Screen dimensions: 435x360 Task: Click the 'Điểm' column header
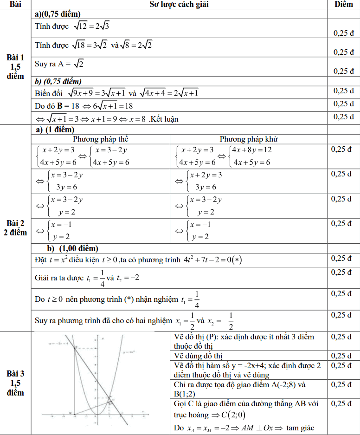click(343, 4)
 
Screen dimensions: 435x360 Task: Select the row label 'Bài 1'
click(16, 58)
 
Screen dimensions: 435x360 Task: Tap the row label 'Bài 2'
click(16, 224)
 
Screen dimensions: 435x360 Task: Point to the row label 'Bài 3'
click(16, 374)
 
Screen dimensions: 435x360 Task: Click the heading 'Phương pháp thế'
click(101, 139)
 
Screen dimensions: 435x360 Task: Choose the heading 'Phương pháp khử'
click(249, 139)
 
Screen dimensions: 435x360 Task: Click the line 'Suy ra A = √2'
click(59, 64)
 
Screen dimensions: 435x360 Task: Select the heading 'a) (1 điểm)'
click(55, 130)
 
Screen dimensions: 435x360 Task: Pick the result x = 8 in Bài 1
click(135, 119)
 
